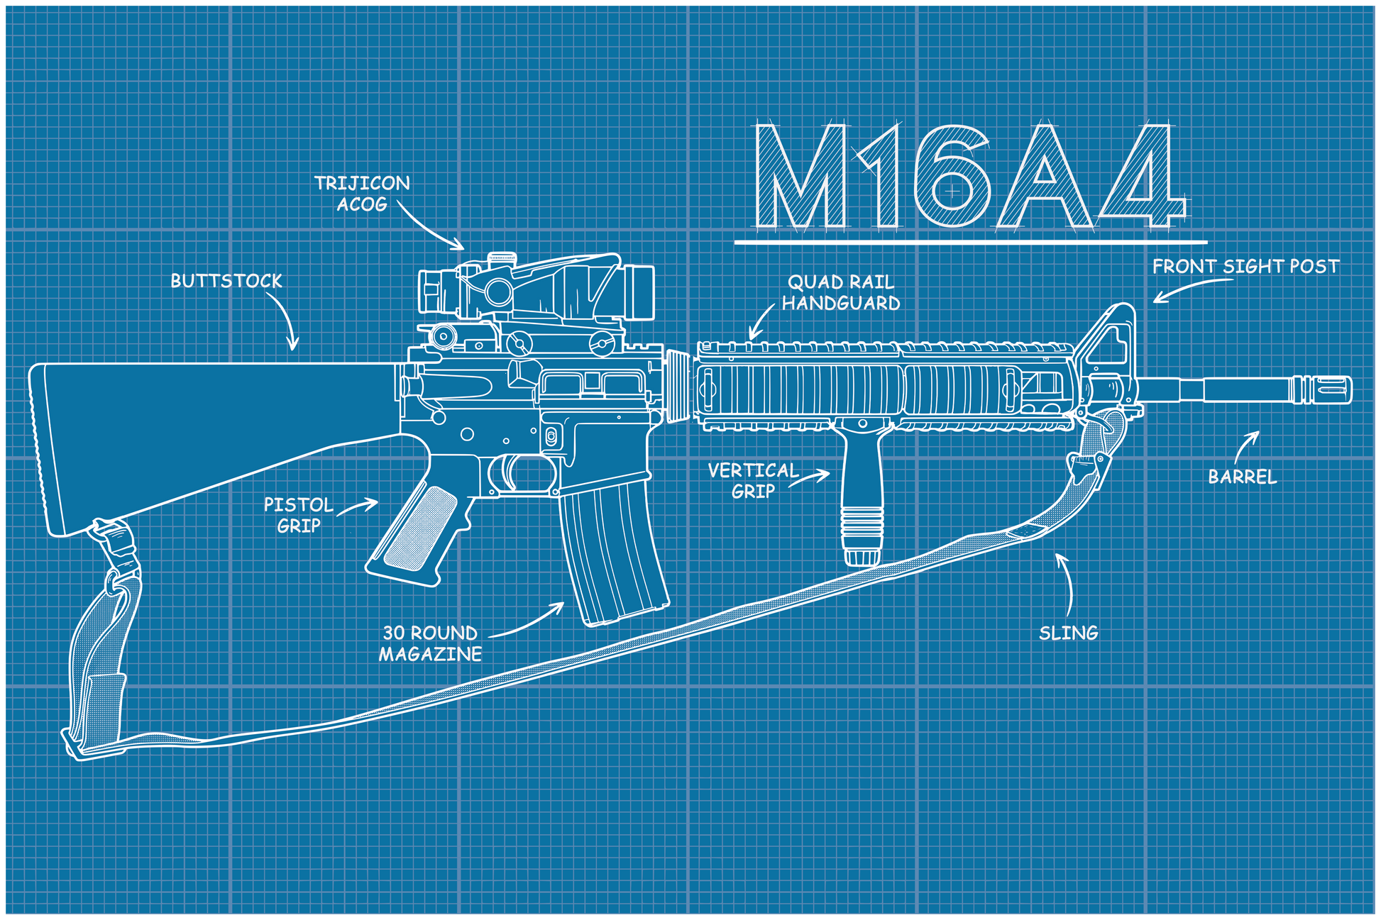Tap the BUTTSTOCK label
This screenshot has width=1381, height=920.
click(x=226, y=282)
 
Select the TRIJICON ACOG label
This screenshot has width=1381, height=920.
click(x=362, y=194)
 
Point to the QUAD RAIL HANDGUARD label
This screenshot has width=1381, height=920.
click(x=841, y=293)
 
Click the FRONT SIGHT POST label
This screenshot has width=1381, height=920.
click(x=1245, y=267)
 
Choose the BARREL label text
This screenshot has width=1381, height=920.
click(x=1242, y=477)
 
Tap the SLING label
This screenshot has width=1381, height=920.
click(x=1068, y=633)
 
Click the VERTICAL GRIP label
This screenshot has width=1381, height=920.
click(x=753, y=480)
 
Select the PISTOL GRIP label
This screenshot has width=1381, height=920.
click(x=298, y=515)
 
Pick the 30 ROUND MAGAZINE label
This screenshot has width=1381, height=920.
click(x=430, y=643)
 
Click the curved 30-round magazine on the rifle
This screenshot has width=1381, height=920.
click(x=614, y=553)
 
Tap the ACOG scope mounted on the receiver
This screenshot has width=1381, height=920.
click(x=539, y=291)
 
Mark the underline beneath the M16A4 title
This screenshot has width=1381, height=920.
click(x=969, y=243)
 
